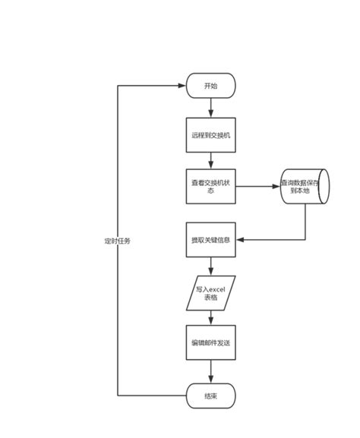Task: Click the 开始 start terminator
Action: click(210, 86)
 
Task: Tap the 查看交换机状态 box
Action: click(210, 187)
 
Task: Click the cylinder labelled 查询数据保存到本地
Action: click(305, 187)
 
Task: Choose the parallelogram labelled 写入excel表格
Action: click(210, 293)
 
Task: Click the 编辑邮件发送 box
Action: click(210, 343)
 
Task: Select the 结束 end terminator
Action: click(210, 395)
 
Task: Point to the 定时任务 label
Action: click(118, 241)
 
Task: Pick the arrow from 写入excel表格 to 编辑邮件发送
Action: click(210, 317)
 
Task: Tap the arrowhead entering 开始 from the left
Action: click(182, 86)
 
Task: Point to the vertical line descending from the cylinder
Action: click(306, 222)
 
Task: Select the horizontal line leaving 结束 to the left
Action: click(152, 395)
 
